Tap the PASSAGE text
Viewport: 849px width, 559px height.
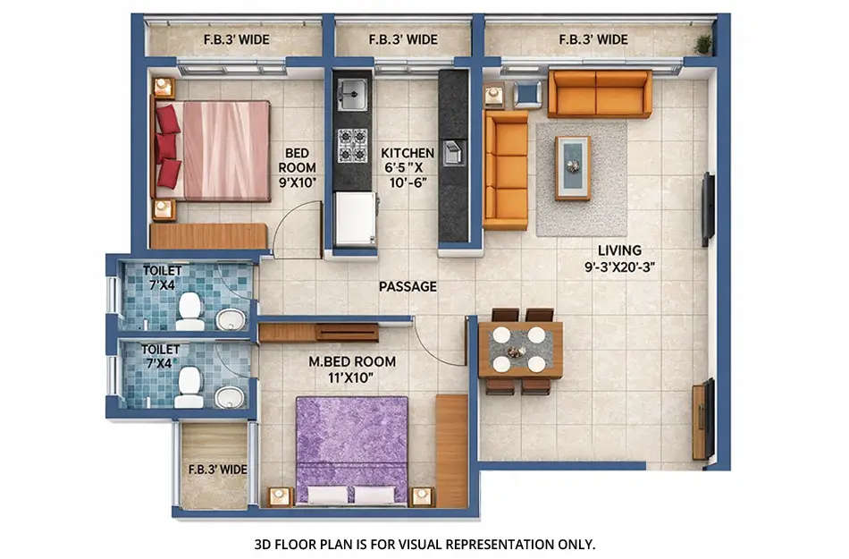[408, 287]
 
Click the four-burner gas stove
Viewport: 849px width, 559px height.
[352, 145]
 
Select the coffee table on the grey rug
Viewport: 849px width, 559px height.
[573, 167]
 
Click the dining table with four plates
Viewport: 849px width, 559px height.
[519, 349]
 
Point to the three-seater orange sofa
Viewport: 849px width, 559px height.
[506, 170]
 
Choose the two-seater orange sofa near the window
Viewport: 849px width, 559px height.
[599, 93]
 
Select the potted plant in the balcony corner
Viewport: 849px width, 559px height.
[704, 43]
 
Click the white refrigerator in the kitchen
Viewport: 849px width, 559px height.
[355, 219]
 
